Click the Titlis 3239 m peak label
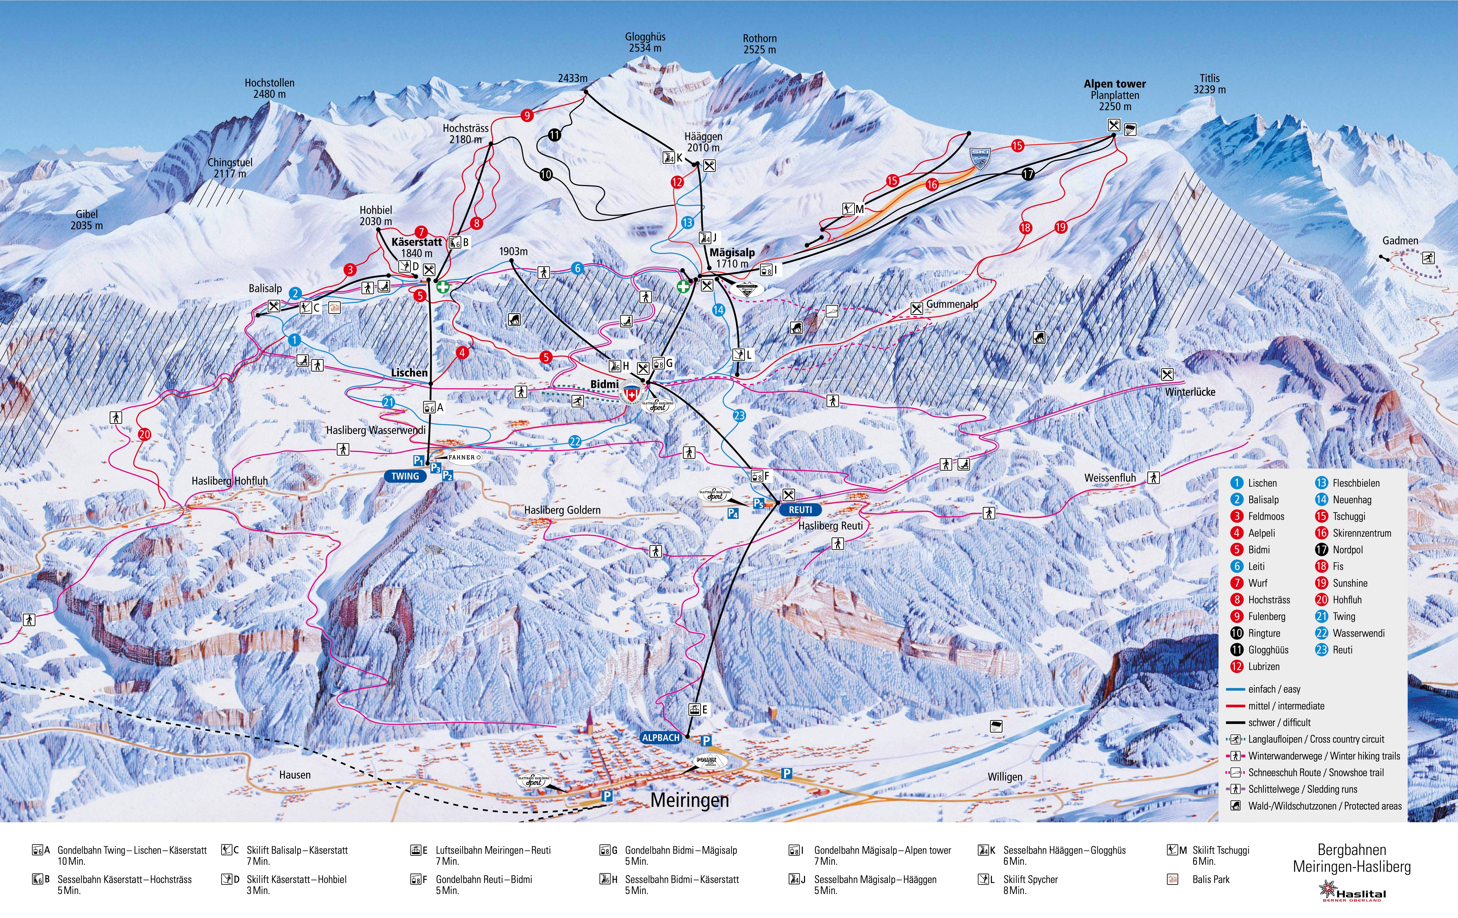coord(1209,83)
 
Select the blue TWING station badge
coord(405,476)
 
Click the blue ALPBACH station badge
coord(661,738)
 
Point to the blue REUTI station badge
coord(800,510)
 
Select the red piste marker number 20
coord(144,434)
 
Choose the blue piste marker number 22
coord(575,441)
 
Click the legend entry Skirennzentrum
coord(1361,533)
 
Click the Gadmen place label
coord(1400,240)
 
